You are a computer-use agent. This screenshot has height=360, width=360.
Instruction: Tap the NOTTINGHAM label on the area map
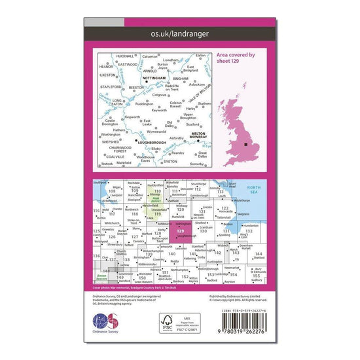coord(152,83)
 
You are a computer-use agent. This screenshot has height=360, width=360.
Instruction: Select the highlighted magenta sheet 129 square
coord(180,230)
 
